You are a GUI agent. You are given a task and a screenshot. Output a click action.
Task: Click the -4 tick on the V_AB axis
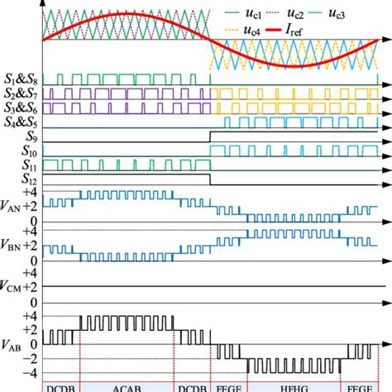pyautogui.click(x=30, y=372)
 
